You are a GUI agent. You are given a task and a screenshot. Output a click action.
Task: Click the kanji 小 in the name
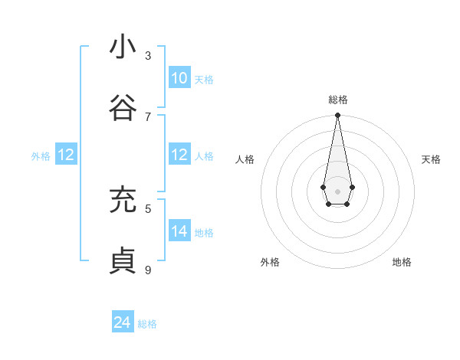[123, 47]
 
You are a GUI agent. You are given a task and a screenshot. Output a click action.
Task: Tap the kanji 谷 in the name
[123, 108]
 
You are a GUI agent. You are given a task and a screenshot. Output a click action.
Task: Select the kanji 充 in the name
[123, 200]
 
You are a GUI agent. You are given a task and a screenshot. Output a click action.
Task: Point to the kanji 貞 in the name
[123, 261]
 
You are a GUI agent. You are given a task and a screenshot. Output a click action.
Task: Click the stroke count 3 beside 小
[148, 56]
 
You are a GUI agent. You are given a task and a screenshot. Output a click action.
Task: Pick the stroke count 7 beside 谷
[148, 116]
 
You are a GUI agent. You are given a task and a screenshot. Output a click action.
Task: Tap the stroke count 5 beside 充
[148, 208]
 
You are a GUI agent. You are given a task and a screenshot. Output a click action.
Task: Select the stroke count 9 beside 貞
[148, 270]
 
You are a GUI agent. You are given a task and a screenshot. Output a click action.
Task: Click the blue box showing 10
[179, 78]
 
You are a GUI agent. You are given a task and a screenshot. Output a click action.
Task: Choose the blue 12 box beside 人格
[179, 155]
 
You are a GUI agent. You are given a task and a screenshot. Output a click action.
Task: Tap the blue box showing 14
[179, 231]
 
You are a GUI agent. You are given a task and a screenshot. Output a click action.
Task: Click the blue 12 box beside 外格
[66, 155]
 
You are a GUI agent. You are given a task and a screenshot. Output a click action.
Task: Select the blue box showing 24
[123, 322]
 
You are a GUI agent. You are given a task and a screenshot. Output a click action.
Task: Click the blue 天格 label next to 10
[204, 80]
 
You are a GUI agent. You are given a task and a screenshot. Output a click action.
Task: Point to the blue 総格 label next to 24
[147, 324]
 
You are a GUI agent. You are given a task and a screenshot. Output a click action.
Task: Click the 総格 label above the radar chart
[337, 100]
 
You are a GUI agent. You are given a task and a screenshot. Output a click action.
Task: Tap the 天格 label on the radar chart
[431, 159]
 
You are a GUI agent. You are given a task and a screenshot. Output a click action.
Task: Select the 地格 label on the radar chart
[402, 262]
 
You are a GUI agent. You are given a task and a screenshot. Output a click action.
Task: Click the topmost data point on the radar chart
[337, 116]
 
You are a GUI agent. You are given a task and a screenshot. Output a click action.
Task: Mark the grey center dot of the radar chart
[337, 191]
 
